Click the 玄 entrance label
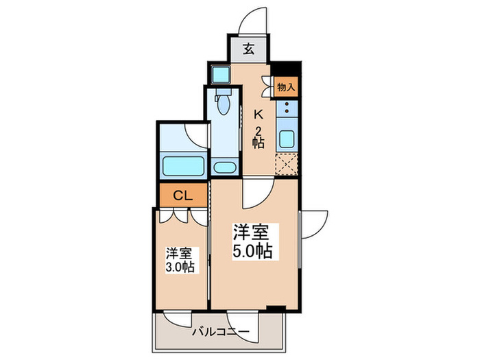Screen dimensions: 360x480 point(249,49)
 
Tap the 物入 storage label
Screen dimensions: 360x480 point(286,87)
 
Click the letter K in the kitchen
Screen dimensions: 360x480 point(259,114)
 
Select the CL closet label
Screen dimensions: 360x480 point(181,195)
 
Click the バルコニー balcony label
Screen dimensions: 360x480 point(220,332)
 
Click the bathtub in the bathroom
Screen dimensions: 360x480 point(183,165)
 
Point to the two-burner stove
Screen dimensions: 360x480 point(287,108)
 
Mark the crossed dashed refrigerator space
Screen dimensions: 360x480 point(287,166)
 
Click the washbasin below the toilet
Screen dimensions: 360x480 point(224,167)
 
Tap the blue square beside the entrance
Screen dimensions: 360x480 point(220,73)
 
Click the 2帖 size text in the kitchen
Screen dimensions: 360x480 point(259,137)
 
